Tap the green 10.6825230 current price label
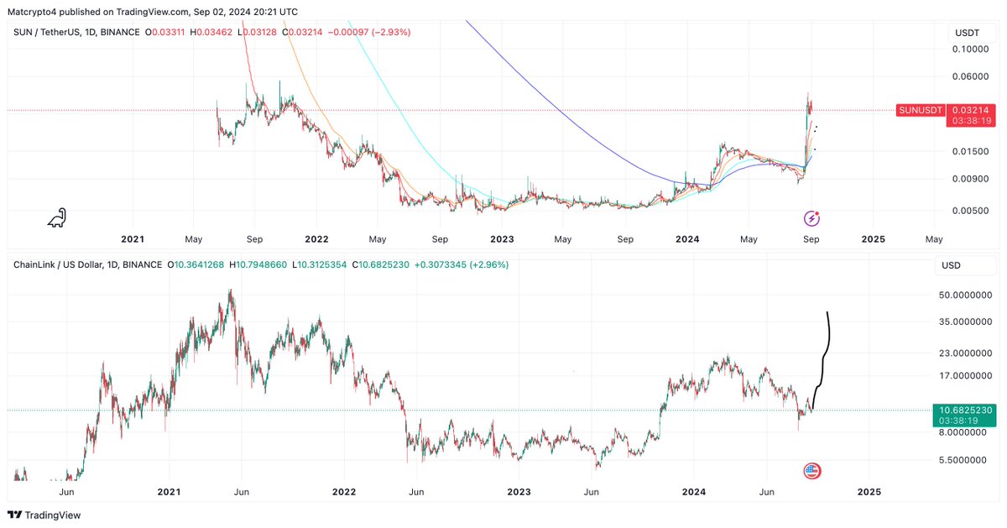tap(968, 410)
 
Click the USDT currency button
tap(966, 33)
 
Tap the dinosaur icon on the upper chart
tap(56, 218)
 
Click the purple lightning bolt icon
tap(811, 218)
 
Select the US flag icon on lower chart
tap(811, 471)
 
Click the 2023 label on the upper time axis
tap(502, 239)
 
